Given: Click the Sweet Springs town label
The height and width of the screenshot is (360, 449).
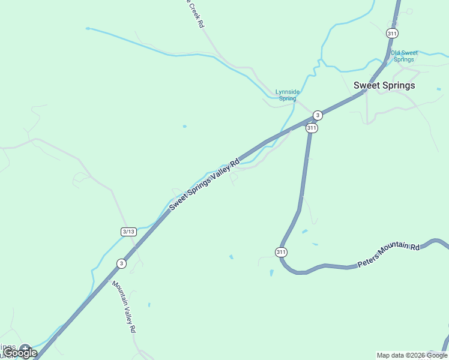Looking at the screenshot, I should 384,85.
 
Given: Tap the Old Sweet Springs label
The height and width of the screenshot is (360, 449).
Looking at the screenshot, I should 404,56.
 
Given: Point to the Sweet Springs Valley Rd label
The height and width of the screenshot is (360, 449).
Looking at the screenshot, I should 204,184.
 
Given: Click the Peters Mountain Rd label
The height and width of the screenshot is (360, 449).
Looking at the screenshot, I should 388,255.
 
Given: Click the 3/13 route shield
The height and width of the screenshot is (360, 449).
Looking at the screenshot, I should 128,232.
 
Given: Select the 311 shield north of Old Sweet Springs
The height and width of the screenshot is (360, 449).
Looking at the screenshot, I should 392,34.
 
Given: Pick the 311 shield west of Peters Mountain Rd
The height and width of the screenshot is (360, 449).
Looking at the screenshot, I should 281,252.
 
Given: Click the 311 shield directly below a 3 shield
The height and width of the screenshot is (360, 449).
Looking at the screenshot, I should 312,128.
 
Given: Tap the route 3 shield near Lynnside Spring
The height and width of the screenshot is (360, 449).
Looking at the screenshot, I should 318,115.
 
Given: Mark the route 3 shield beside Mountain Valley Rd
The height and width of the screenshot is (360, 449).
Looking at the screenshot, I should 122,263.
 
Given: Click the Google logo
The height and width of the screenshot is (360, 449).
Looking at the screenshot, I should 20,353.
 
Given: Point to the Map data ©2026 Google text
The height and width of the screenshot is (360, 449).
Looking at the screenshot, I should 412,355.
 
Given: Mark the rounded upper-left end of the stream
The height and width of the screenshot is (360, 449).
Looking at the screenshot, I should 88,28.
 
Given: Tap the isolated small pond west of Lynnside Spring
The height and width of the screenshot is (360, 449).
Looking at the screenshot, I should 184,126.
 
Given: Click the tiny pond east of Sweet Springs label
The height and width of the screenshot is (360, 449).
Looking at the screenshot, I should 439,89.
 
